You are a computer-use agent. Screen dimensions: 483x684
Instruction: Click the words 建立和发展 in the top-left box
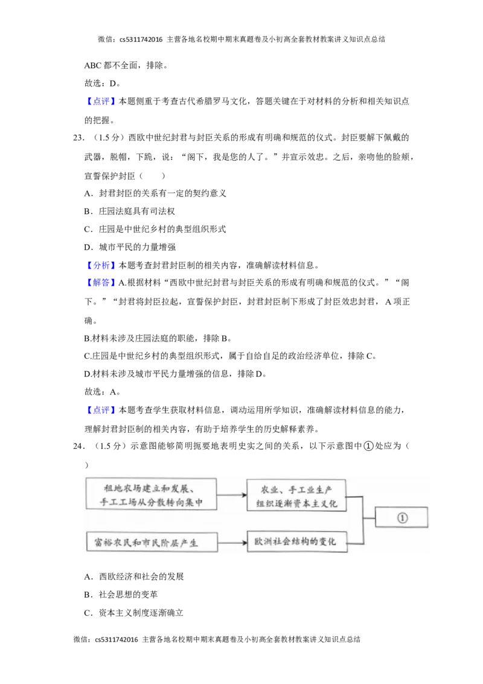pos(170,488)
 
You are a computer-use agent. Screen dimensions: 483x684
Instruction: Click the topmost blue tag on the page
pos(101,101)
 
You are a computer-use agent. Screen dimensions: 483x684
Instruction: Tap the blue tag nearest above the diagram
pos(101,411)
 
